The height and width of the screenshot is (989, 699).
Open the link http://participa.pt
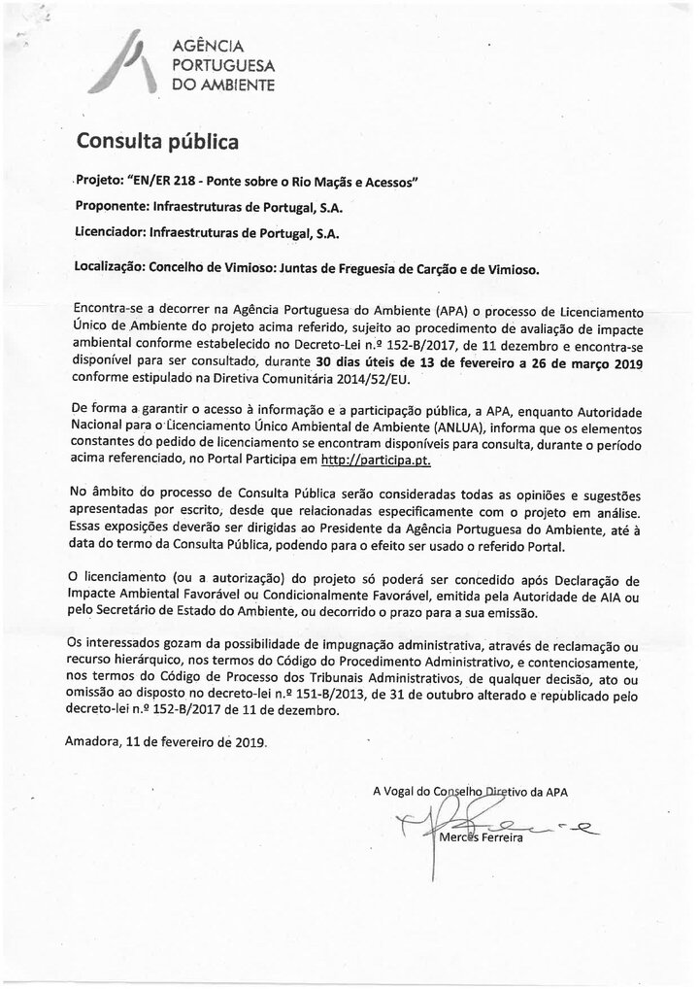[382, 460]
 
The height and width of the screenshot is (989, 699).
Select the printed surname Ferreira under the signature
[501, 838]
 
